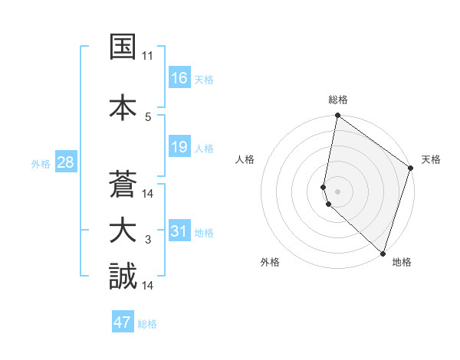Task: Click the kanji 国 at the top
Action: pyautogui.click(x=123, y=47)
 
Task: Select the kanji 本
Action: pyautogui.click(x=123, y=106)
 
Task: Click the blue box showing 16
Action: pyautogui.click(x=179, y=77)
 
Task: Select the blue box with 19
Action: pyautogui.click(x=179, y=147)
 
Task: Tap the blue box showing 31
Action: pyautogui.click(x=179, y=231)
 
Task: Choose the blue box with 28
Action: pyautogui.click(x=64, y=162)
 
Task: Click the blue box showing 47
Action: pyautogui.click(x=123, y=322)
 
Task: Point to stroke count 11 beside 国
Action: pyautogui.click(x=147, y=57)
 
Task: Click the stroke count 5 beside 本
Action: pyautogui.click(x=148, y=116)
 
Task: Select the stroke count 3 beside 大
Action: pyautogui.click(x=148, y=241)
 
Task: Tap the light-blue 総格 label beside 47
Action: pyautogui.click(x=147, y=324)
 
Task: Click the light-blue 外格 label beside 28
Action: pyautogui.click(x=41, y=163)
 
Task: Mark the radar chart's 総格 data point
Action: pyautogui.click(x=337, y=116)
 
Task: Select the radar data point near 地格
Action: pyautogui.click(x=383, y=253)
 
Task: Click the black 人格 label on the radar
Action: pyautogui.click(x=245, y=159)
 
